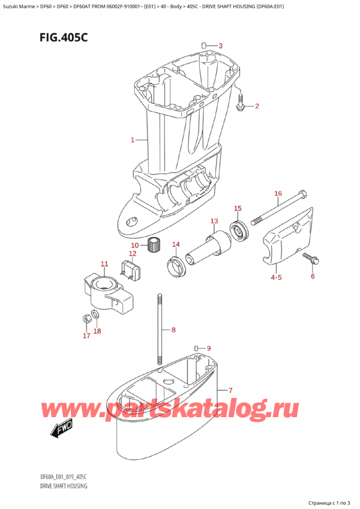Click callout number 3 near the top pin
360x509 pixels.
[x=220, y=46]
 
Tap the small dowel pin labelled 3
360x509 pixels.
[x=204, y=45]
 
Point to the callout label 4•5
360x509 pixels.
[x=275, y=277]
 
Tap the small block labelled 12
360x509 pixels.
[x=130, y=267]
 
